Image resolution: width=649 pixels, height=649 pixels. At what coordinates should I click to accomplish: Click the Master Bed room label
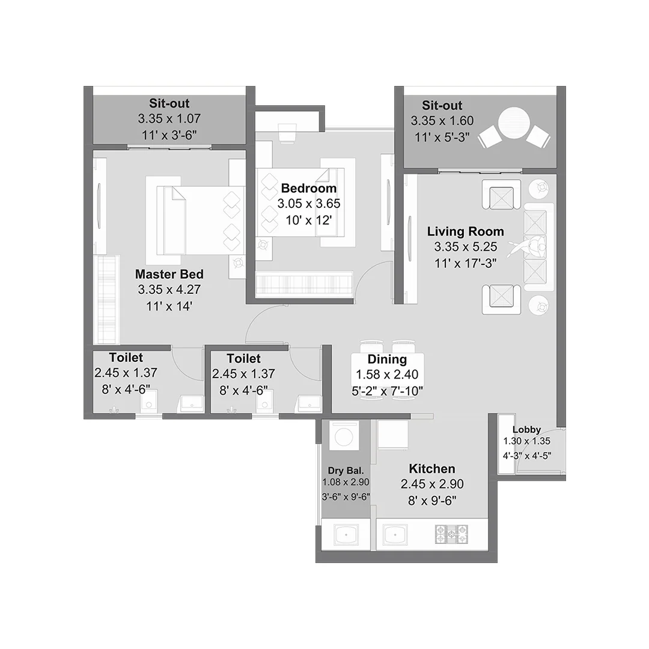[169, 274]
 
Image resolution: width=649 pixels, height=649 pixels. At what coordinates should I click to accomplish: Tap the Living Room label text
[465, 231]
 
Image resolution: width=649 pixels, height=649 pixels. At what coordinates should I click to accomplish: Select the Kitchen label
[431, 469]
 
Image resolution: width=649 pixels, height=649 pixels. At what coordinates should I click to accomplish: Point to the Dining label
[387, 359]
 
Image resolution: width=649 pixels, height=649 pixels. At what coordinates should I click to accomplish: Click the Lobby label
[526, 430]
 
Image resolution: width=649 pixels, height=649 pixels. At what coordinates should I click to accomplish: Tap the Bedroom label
[309, 189]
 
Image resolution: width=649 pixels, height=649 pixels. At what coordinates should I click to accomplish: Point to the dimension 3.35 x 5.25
[465, 247]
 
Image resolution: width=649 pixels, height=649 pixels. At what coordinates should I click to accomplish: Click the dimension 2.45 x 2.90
[431, 484]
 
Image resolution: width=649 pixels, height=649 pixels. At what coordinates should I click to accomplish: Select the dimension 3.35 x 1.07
[169, 119]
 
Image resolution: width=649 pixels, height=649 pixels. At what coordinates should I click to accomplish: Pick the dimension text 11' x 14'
[169, 306]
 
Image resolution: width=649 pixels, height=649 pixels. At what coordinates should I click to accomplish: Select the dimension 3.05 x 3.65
[309, 204]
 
